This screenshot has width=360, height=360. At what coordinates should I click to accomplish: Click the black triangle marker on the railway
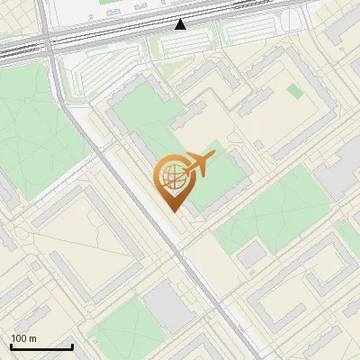[181, 24]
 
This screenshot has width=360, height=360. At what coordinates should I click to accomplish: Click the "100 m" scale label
[23, 338]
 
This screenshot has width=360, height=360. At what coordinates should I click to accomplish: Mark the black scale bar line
[40, 347]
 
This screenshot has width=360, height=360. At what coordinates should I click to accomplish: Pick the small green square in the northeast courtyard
[294, 91]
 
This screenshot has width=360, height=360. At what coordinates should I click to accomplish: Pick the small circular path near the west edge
[25, 236]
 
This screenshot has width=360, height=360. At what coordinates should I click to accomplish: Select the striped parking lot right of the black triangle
[252, 31]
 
